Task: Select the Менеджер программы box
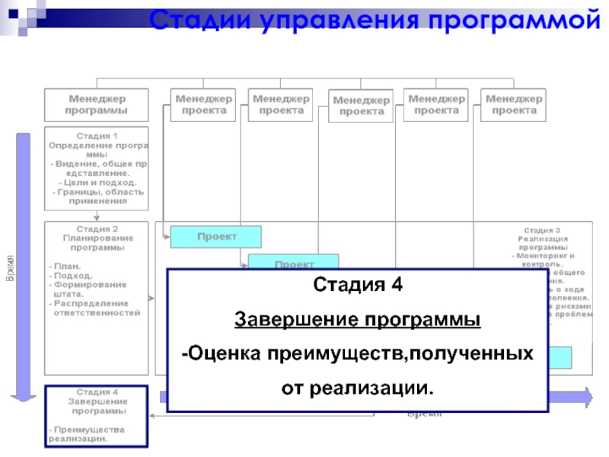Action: [x=97, y=104]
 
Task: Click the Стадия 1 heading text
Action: [x=97, y=136]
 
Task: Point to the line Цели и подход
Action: [x=97, y=183]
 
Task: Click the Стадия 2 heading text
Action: [x=97, y=228]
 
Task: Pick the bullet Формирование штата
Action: [x=90, y=289]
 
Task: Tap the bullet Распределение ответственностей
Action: [x=96, y=308]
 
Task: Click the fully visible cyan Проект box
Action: [x=216, y=237]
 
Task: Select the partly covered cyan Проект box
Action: [x=294, y=263]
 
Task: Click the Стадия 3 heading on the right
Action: [x=542, y=230]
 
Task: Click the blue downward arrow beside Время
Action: [x=24, y=267]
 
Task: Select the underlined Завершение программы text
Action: [x=357, y=319]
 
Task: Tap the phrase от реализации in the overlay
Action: [x=357, y=388]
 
